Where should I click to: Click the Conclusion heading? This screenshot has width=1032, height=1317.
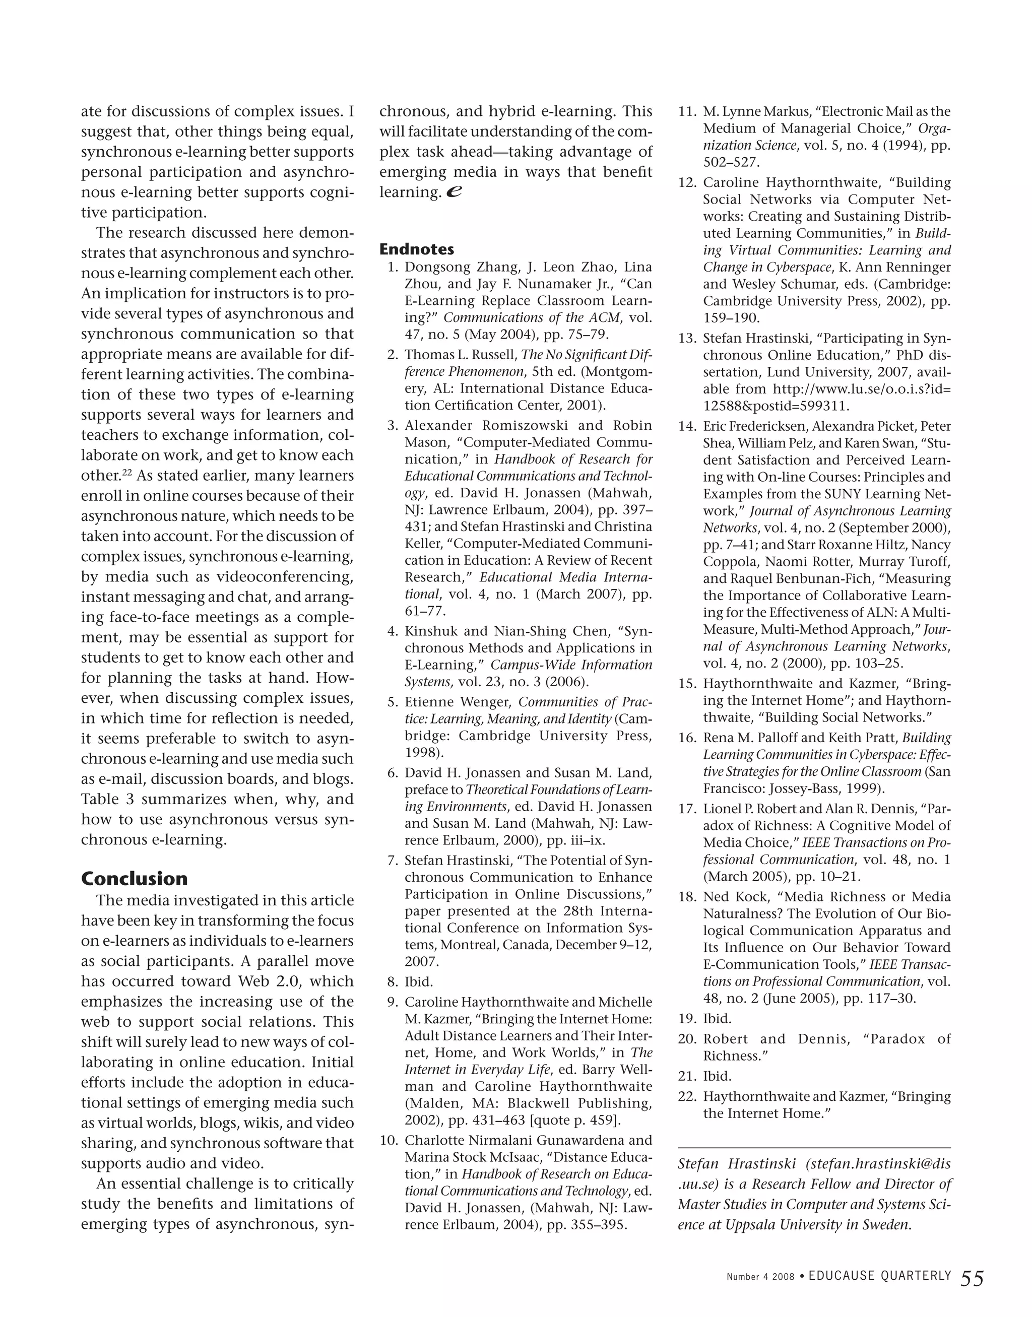[134, 878]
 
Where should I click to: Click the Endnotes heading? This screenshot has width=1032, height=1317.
[416, 249]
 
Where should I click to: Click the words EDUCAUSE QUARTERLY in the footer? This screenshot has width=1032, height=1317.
[880, 1276]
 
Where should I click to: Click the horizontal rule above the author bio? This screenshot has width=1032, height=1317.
[814, 1147]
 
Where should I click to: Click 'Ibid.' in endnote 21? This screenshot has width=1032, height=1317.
[717, 1076]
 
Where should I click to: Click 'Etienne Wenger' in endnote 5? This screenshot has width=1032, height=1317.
[459, 702]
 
